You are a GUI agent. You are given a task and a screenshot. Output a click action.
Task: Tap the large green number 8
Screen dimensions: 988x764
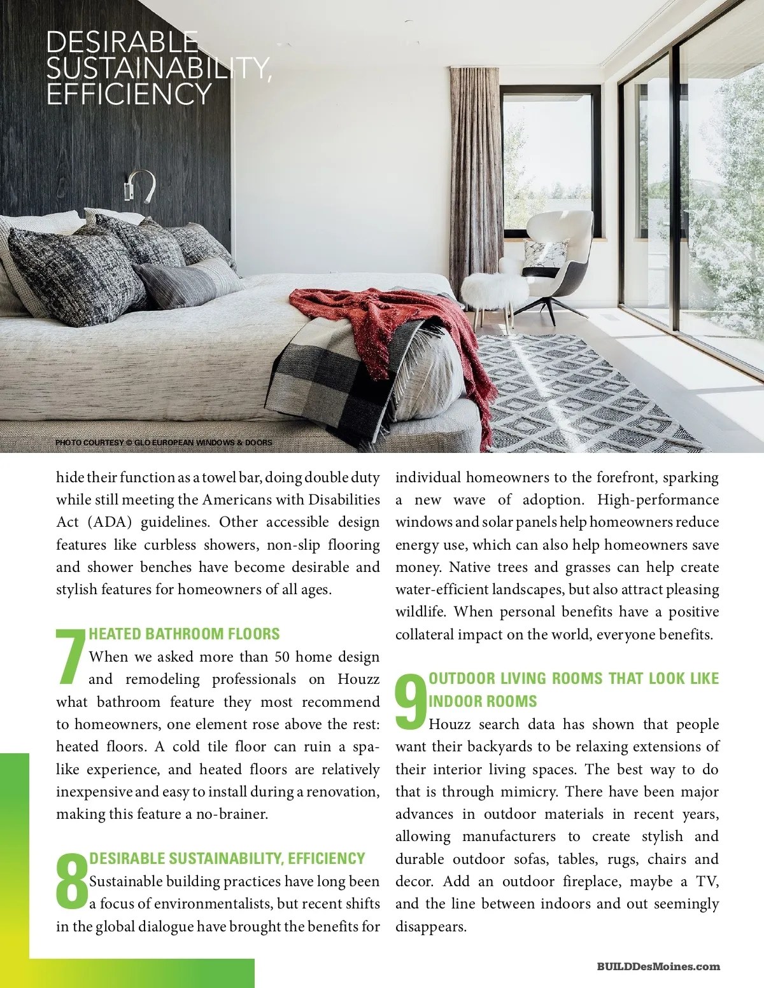coord(71,881)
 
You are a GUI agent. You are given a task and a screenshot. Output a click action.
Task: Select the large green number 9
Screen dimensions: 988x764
coord(411,701)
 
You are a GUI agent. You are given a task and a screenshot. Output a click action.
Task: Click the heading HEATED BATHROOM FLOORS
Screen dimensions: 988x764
coord(184,634)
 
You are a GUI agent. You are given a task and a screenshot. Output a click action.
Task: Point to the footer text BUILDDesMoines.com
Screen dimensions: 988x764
coord(658,966)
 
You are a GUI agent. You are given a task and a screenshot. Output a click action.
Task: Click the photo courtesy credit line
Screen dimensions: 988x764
coord(164,442)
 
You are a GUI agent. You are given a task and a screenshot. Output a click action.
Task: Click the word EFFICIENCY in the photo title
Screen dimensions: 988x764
coord(129,95)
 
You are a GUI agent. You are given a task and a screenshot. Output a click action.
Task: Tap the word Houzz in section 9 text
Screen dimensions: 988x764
coord(449,724)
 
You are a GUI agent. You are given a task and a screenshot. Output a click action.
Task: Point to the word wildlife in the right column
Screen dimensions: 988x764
coord(420,612)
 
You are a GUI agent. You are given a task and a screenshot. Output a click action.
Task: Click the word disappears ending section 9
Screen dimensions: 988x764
coord(431,926)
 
